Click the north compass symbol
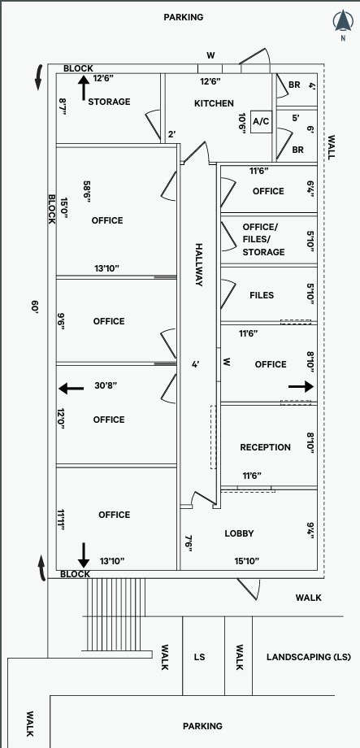pos(343,24)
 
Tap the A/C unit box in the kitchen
pos(261,122)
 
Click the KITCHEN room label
pos(214,103)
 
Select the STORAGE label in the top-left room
pos(109,102)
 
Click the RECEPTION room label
pos(265,447)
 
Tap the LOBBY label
pos(239,533)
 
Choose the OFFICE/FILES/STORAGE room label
pos(263,239)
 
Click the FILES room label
pos(262,295)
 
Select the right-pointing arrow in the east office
pos(301,387)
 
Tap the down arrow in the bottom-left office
pos(83,555)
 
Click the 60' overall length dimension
pos(35,307)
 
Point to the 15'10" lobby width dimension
pos(246,560)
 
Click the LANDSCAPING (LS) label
pos(309,657)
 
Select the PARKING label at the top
pos(183,17)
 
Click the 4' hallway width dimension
pos(195,364)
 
